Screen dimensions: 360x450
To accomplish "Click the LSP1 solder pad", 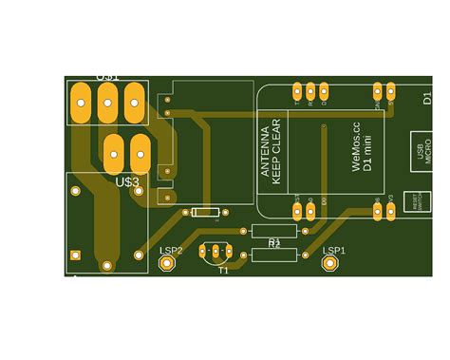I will [x=331, y=263].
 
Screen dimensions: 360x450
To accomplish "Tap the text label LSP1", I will [x=334, y=250].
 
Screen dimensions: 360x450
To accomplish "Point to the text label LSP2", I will [x=171, y=250].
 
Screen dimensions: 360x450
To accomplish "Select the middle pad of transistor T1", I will [x=216, y=252].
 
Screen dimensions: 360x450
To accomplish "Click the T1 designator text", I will [x=223, y=270].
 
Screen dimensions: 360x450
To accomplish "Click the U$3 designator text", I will [x=127, y=180].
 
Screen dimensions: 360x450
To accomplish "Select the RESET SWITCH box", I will [x=415, y=201].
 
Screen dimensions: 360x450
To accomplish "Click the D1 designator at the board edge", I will [x=427, y=98].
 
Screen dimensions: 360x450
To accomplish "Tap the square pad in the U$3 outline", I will [x=73, y=254].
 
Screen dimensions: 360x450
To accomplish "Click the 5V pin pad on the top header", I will [x=391, y=92].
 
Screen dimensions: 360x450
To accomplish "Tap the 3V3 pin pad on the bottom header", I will [x=391, y=211].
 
